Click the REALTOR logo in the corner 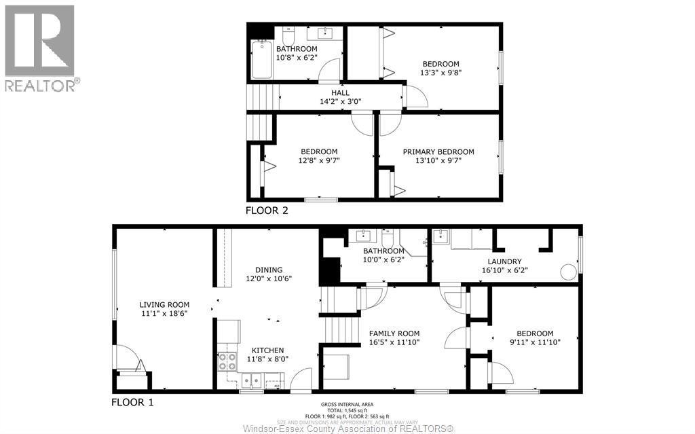coord(40,48)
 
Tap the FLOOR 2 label coord(267,211)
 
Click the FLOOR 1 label coord(132,402)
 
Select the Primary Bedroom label coord(438,152)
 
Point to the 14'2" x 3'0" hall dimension coord(340,102)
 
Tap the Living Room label coord(164,305)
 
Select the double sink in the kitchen coord(250,380)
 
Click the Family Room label coord(394,333)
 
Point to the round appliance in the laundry coord(568,272)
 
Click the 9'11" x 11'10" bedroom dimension coord(535,342)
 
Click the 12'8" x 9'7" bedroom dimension coord(319,161)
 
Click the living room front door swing coord(127,357)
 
